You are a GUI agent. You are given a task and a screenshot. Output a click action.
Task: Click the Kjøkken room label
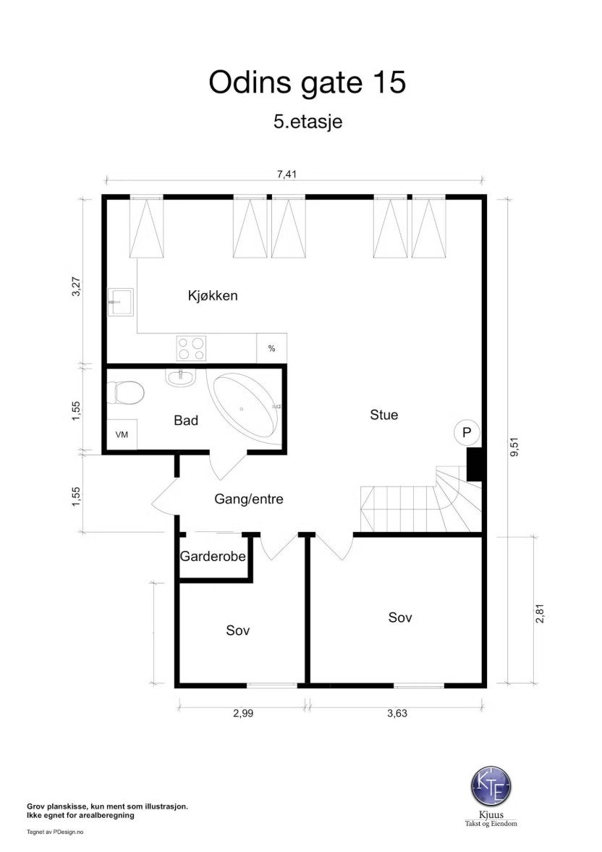(x=213, y=295)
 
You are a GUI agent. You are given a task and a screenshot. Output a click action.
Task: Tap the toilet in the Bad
(x=125, y=392)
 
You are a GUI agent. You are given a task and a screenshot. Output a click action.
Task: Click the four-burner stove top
(x=191, y=348)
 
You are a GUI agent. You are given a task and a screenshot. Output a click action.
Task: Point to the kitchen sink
(x=119, y=302)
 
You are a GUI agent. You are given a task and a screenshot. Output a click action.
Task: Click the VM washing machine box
(x=122, y=434)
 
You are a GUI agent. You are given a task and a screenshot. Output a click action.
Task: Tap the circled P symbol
(x=466, y=433)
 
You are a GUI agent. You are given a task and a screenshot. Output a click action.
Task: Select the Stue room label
(x=383, y=415)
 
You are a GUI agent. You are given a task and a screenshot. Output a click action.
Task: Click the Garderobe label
(x=213, y=557)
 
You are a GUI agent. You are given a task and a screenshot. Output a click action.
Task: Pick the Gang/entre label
(x=249, y=499)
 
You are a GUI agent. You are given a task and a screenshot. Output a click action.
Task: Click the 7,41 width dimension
(x=287, y=174)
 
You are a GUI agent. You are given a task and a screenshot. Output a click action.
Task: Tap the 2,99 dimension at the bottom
(x=243, y=713)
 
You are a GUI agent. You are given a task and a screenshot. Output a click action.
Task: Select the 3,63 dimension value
(x=397, y=713)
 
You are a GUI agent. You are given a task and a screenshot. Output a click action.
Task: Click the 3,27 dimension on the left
(x=75, y=287)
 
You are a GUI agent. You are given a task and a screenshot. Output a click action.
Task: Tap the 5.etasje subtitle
(x=308, y=121)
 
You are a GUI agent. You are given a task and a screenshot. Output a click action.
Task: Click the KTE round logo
(x=491, y=785)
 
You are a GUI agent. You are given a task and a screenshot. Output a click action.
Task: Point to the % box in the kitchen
(x=271, y=348)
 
